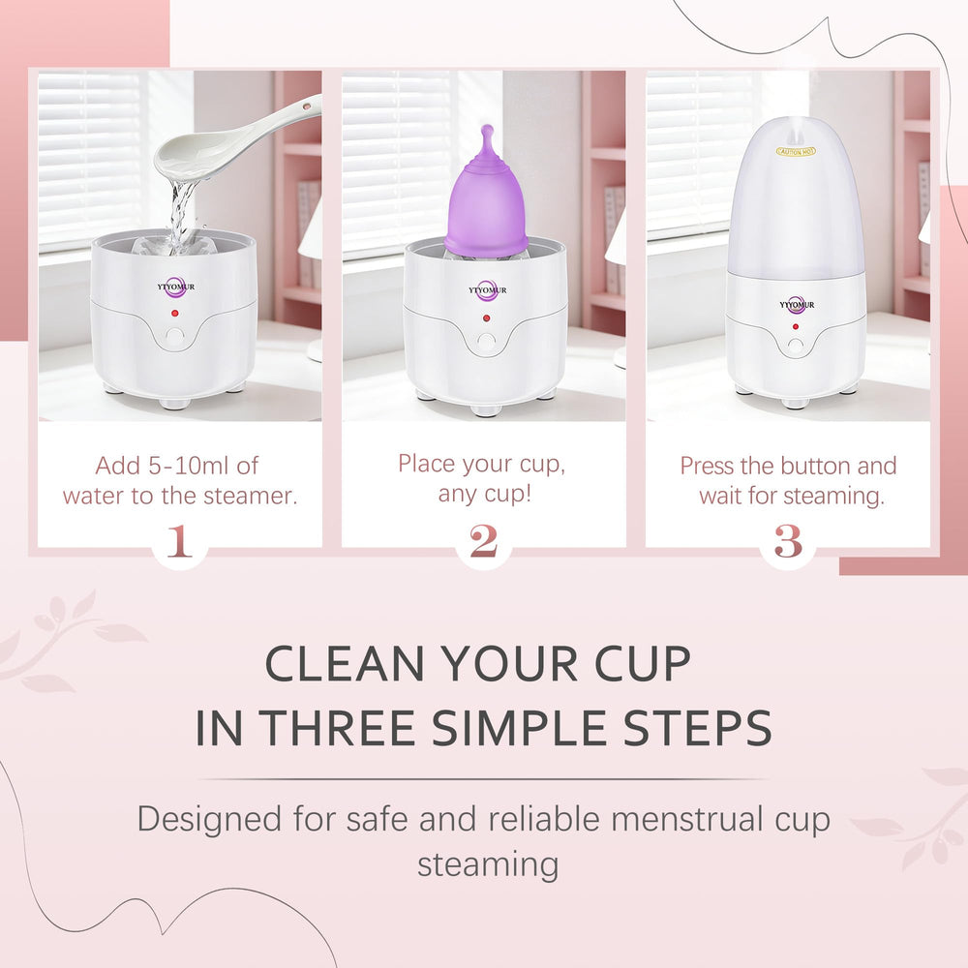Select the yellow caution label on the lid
[x=796, y=151]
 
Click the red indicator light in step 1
[x=175, y=313]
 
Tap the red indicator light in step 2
[x=487, y=318]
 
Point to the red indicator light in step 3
[x=796, y=326]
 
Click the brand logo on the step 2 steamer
[x=487, y=290]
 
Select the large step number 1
[x=179, y=541]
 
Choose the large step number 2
[x=483, y=541]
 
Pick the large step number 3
[x=788, y=541]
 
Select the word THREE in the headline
[x=337, y=728]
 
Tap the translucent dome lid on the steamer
[x=796, y=197]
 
